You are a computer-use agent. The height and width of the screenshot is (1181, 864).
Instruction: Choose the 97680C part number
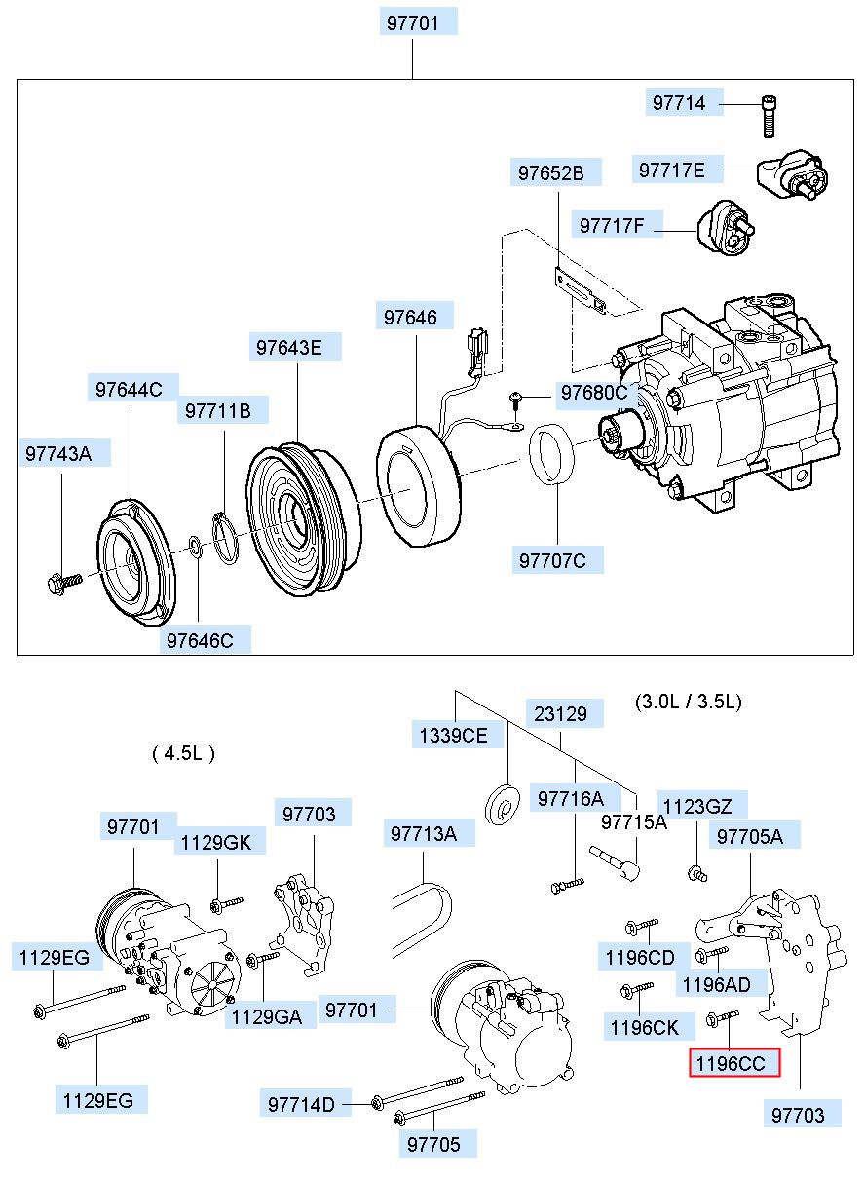(x=593, y=393)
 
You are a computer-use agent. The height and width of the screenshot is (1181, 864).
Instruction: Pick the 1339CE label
(x=454, y=736)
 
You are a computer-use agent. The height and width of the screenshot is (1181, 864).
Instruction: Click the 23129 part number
(x=561, y=713)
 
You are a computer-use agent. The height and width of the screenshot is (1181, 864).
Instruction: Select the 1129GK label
(x=213, y=842)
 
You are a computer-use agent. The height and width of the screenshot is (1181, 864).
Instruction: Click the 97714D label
(x=302, y=1104)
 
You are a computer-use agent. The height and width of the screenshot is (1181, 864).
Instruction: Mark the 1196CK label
(x=644, y=1026)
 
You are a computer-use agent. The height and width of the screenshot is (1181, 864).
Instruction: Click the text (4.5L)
(x=183, y=753)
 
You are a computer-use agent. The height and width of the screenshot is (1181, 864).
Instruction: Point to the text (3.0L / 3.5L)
(x=688, y=701)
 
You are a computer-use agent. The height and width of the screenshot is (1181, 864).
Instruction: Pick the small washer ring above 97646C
(x=195, y=544)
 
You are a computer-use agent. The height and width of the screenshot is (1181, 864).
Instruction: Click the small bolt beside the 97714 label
(x=770, y=116)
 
